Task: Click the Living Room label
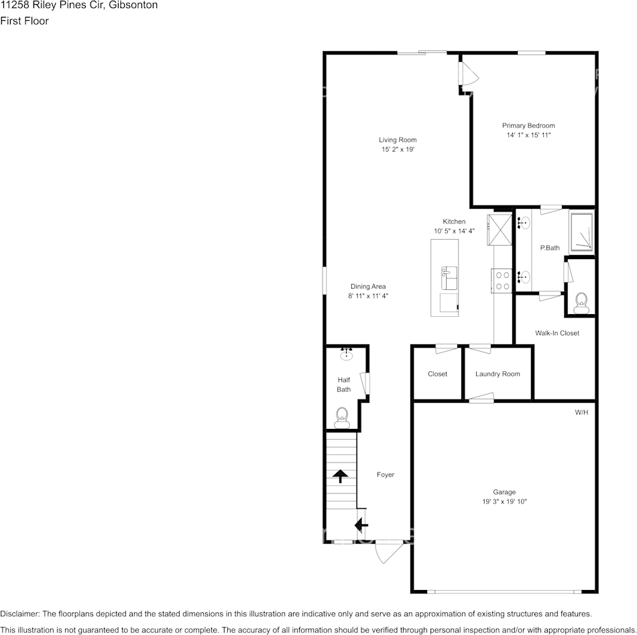398,140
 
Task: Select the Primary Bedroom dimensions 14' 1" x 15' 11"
528,135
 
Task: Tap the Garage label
504,492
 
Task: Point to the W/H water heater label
581,412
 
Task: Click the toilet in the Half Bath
342,418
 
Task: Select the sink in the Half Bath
347,354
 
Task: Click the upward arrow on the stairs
341,476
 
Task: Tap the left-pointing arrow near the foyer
361,524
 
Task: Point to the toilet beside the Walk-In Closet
581,303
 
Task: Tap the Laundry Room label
498,374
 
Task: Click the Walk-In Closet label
557,333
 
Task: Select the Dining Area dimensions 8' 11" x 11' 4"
368,295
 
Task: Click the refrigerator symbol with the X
500,230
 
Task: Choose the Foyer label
385,475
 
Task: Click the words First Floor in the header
24,21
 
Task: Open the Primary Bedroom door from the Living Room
465,73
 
